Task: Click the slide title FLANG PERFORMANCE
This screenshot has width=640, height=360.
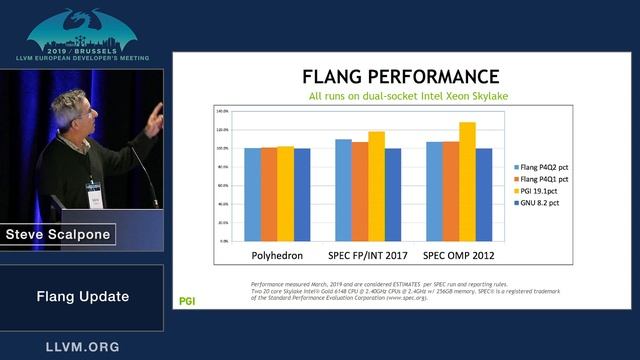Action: (400, 77)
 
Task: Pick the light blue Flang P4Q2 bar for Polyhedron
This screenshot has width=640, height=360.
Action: (252, 195)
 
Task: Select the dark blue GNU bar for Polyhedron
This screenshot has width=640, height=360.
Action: (302, 195)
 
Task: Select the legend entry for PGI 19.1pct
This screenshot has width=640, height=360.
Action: (544, 190)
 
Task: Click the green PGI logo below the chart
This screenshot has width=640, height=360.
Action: (187, 299)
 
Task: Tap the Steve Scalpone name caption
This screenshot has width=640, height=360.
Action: (58, 234)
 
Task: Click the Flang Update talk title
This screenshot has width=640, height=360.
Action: (82, 297)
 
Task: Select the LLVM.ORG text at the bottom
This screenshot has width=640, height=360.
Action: (82, 346)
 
